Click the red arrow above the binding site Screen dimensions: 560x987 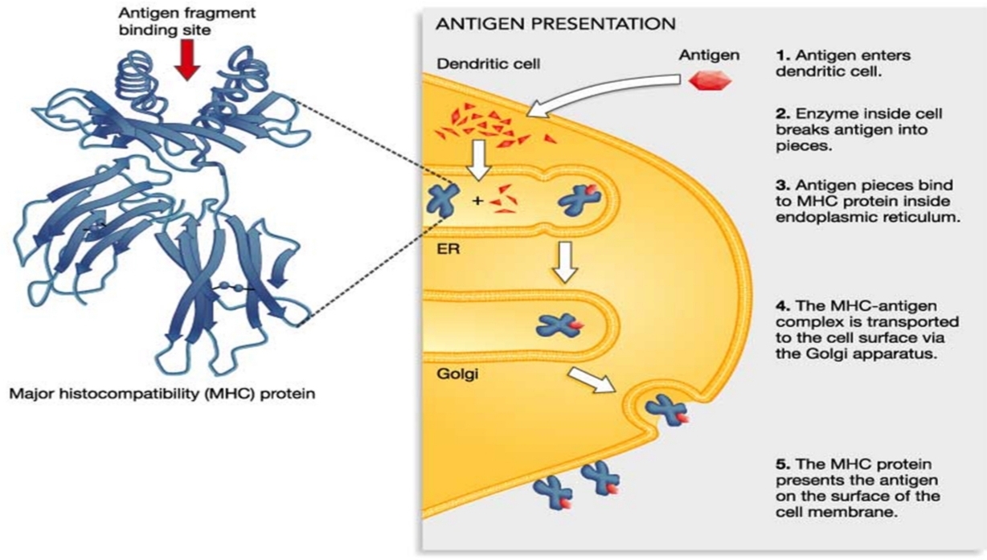(x=187, y=62)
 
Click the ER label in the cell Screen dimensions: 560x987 (x=444, y=249)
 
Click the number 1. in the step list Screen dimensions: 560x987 (x=782, y=56)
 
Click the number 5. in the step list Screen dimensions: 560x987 (x=782, y=465)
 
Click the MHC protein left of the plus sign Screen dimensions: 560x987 (x=443, y=198)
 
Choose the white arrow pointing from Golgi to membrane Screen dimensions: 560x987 (x=590, y=379)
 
